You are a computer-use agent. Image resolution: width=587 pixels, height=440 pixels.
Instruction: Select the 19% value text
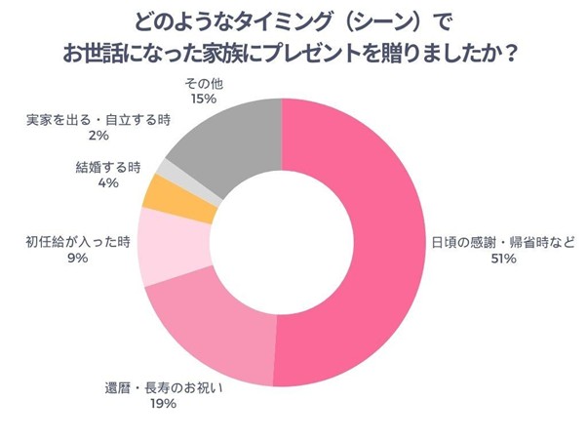(162, 404)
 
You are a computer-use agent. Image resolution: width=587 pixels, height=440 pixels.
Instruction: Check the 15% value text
(203, 100)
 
